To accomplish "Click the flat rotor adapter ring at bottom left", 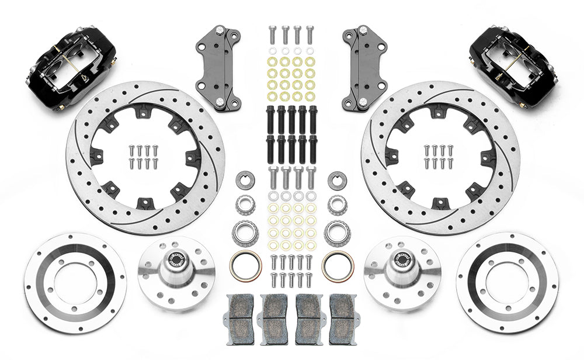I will [75, 283].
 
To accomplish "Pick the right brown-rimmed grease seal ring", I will [337, 265].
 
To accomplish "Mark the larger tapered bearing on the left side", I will [245, 233].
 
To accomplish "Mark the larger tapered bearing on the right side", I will [337, 233].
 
